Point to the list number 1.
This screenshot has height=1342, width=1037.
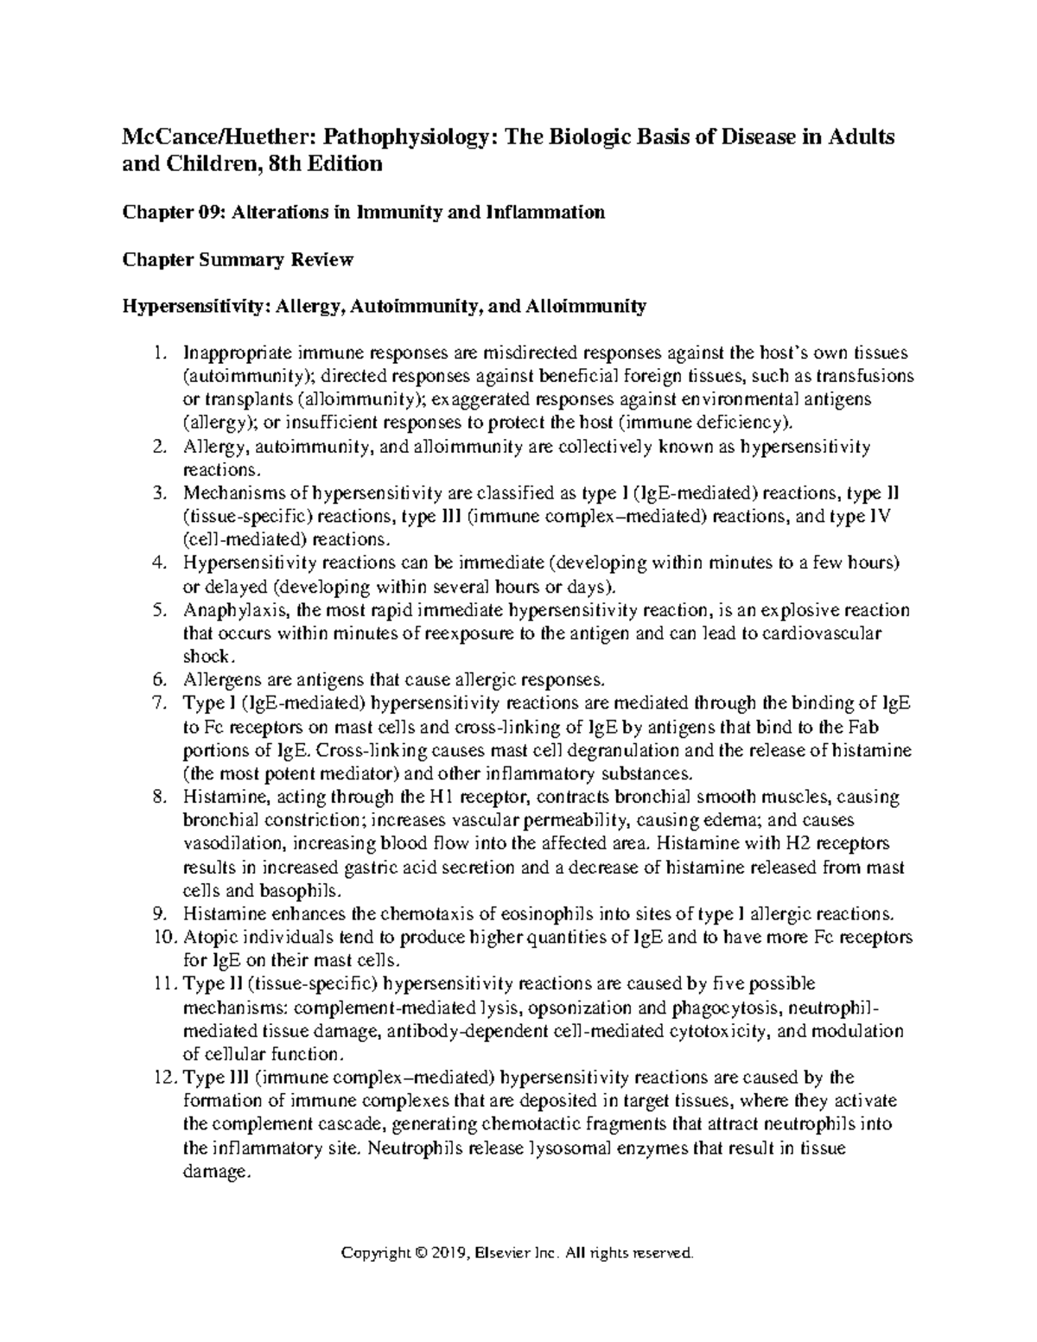(156, 353)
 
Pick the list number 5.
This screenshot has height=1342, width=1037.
(157, 610)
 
